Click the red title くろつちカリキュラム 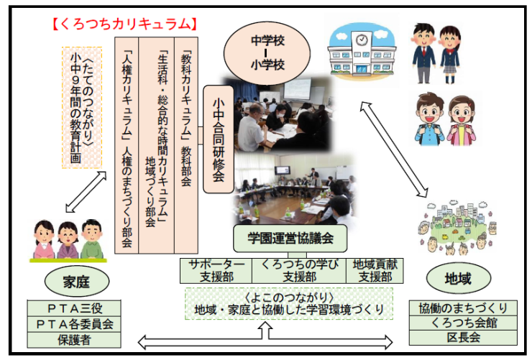click(124, 23)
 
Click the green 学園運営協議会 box click(290, 236)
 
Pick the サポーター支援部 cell click(216, 269)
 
